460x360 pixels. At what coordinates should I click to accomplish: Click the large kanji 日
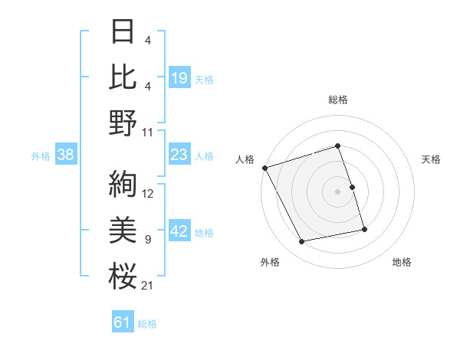tap(123, 32)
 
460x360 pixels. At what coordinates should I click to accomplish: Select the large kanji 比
tap(123, 77)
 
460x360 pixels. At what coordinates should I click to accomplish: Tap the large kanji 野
tap(123, 122)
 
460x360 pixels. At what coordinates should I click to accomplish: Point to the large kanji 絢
tap(123, 183)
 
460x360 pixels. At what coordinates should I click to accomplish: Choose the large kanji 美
tap(123, 230)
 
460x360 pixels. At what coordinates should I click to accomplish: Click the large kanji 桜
tap(123, 275)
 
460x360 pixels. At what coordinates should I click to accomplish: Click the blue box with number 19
tap(179, 77)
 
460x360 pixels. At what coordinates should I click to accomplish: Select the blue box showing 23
tap(179, 155)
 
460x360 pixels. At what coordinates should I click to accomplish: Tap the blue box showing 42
tap(179, 231)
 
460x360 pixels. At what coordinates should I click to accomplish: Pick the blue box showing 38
tap(66, 155)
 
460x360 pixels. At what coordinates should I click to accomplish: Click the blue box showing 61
tap(123, 322)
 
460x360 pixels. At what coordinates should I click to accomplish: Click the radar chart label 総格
tap(337, 100)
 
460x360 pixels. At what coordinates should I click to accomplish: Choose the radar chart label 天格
tap(432, 159)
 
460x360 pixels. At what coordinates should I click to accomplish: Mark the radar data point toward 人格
tap(264, 168)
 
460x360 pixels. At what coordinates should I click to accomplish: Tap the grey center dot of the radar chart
tap(337, 191)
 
